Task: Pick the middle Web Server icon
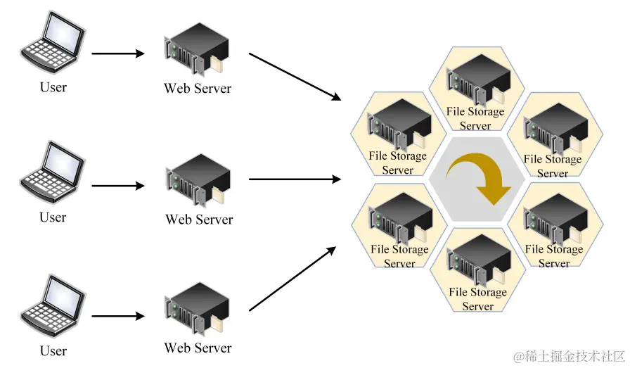point(197,182)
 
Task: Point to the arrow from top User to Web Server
point(118,53)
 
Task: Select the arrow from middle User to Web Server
point(118,186)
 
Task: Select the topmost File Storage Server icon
point(476,80)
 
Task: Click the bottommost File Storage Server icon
point(477,260)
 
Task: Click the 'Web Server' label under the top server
point(198,89)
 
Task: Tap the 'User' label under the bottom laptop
point(53,350)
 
